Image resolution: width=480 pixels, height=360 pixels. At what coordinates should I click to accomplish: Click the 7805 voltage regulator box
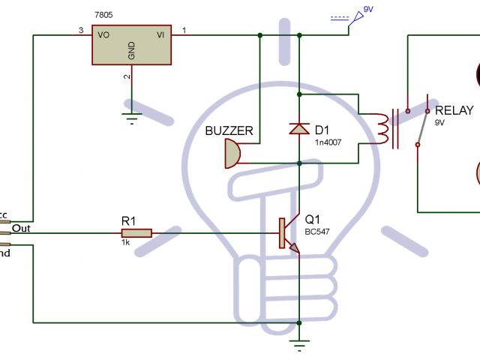pos(132,46)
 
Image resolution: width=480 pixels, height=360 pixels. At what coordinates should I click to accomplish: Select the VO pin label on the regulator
pos(105,34)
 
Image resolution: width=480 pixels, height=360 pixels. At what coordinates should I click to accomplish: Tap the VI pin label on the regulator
pos(160,34)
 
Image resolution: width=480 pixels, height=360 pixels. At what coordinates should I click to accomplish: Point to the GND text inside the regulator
pos(132,50)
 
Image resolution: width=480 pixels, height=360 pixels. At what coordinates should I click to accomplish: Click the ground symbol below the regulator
pos(132,116)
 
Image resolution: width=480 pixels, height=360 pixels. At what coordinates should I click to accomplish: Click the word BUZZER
pos(229,131)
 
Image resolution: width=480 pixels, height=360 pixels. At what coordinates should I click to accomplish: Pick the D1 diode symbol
pos(299,128)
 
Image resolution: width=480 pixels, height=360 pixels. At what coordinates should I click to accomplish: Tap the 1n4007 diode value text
pos(328,142)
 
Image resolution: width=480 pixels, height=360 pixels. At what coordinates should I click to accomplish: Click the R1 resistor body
pos(136,232)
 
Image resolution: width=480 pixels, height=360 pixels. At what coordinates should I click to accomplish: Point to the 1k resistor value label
pos(126,244)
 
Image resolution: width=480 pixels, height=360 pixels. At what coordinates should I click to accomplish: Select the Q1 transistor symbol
pos(288,234)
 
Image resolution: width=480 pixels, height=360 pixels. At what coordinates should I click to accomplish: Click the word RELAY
pos(454,111)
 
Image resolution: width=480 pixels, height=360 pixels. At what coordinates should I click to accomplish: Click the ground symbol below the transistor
pos(299,346)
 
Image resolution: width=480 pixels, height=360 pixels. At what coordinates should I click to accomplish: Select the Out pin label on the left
pos(22,228)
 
